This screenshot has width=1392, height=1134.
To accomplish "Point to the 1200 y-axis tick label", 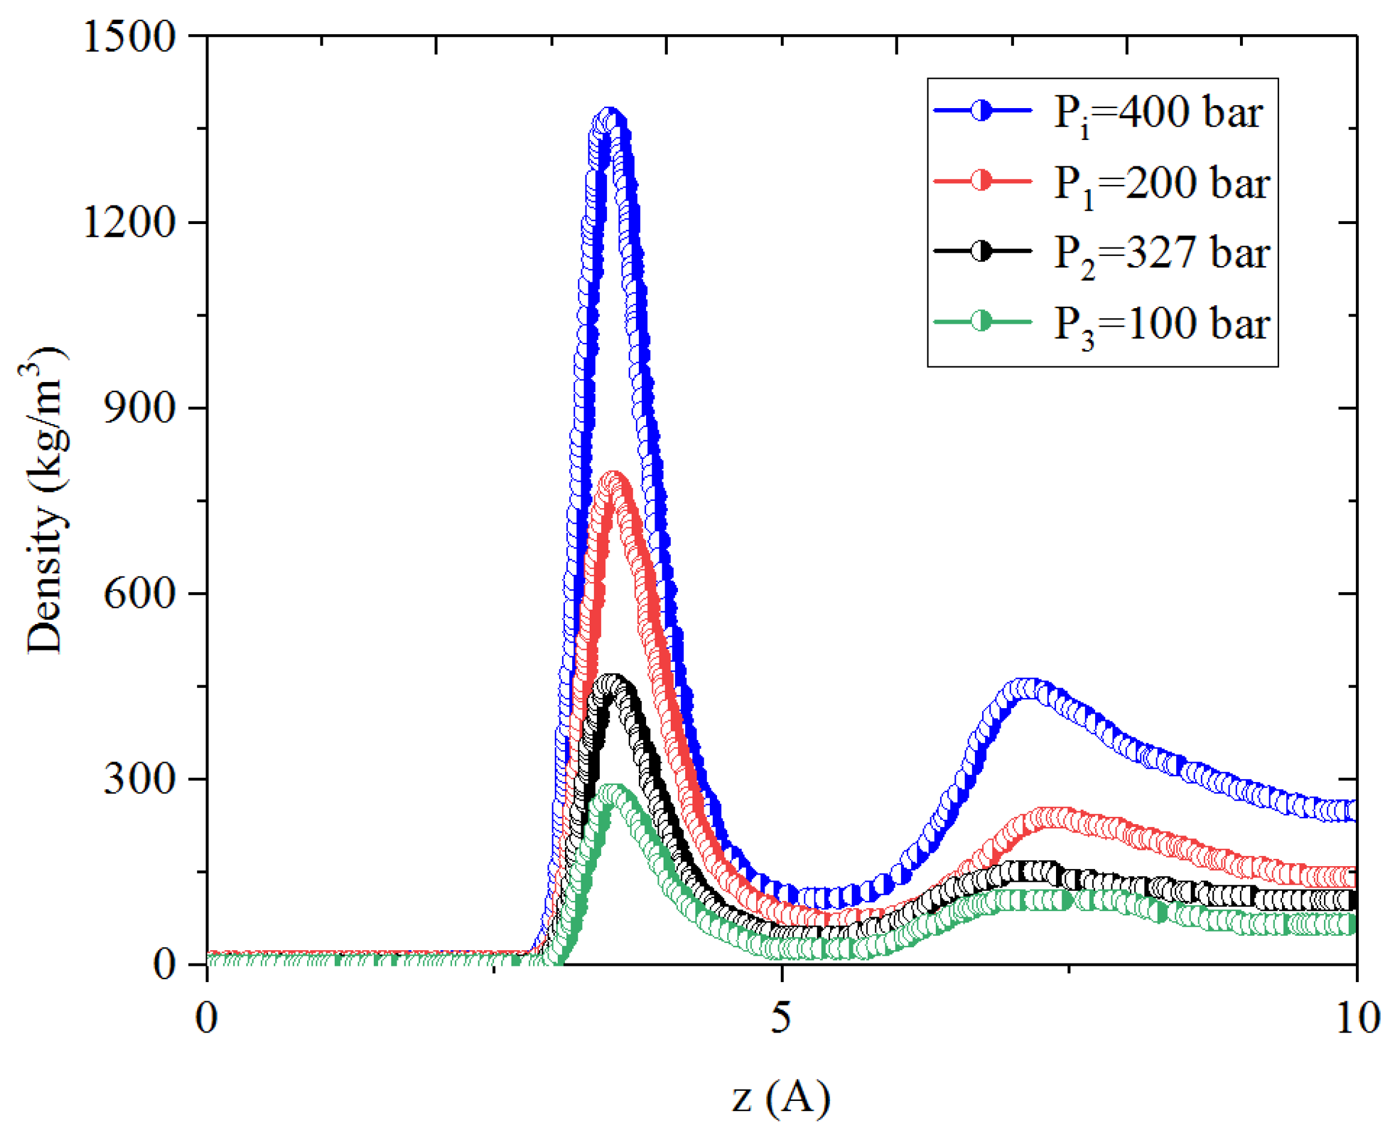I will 130,222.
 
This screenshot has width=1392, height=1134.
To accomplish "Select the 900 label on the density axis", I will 140,408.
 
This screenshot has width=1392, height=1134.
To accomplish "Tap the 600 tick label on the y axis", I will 140,593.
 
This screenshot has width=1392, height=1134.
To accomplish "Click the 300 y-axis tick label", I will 140,778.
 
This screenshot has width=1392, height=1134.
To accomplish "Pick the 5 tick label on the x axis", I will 781,1017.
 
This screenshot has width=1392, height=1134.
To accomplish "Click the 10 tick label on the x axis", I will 1358,1017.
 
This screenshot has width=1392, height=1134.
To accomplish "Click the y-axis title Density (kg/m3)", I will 44,500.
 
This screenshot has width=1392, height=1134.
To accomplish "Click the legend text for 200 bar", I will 1162,184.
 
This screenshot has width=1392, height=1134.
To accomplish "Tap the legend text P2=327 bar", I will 1162,253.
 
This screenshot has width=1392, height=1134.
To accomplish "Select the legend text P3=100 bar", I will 1162,324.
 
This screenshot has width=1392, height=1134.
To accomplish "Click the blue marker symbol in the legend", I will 981,111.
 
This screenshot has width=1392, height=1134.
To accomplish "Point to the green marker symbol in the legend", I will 981,321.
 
